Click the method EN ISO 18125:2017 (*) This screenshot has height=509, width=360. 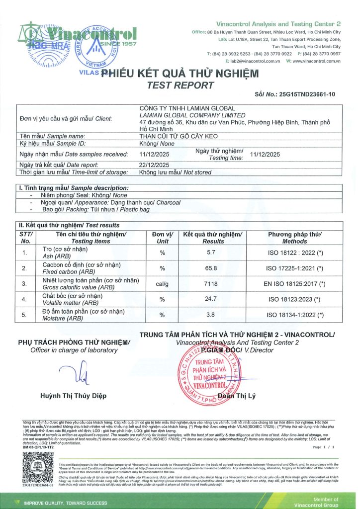pos(294,284)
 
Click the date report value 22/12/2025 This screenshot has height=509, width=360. pos(155,165)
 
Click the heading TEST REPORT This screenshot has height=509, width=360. pos(180,85)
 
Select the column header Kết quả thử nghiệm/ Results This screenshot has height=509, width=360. pos(212,238)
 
